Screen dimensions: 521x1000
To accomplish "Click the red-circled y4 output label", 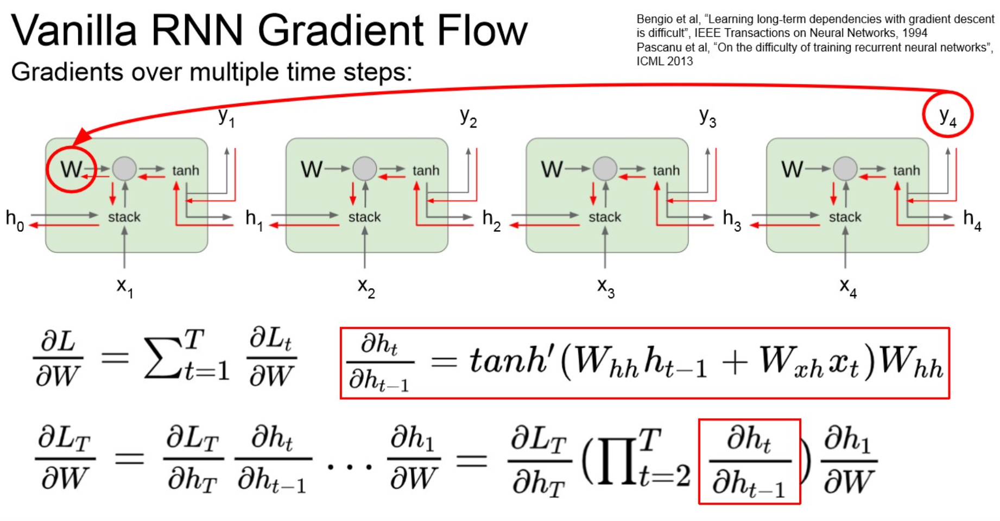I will click(947, 115).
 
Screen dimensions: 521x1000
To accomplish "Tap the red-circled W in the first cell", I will click(71, 169).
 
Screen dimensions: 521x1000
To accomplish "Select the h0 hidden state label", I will click(14, 219).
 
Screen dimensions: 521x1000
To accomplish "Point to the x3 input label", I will click(605, 286).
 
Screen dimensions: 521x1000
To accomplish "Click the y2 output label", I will click(468, 117).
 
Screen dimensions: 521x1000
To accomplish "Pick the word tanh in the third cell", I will click(666, 170).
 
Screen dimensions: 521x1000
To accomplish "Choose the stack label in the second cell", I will click(364, 217).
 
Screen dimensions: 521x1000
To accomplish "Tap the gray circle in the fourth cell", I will click(845, 169).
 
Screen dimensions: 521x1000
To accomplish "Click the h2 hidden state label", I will click(491, 219).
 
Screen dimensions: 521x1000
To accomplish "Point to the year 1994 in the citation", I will click(915, 33).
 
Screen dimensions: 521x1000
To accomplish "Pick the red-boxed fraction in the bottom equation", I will click(749, 461).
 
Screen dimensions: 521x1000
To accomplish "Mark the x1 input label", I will click(124, 286).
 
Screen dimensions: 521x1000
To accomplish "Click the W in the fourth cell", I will click(792, 169).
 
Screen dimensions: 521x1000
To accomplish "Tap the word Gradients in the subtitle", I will click(67, 72).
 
